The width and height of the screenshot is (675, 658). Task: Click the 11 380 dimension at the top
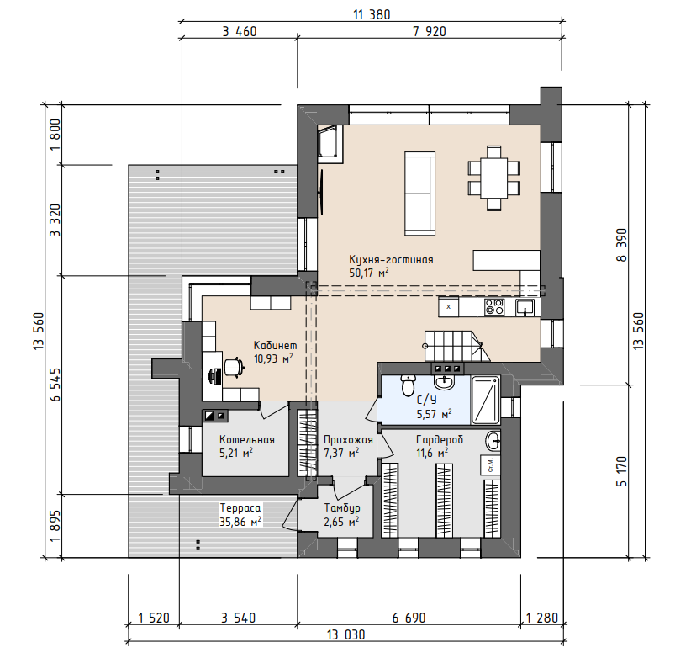tap(372, 14)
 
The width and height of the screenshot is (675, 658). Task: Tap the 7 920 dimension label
tap(430, 31)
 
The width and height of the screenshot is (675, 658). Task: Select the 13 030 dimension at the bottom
tap(345, 634)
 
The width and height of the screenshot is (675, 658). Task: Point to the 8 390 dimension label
tap(621, 245)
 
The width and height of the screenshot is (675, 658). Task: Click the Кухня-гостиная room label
tap(391, 260)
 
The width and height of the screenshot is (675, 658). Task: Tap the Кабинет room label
tap(275, 346)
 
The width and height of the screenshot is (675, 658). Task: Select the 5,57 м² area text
tap(434, 414)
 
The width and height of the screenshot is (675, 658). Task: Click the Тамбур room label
tap(342, 508)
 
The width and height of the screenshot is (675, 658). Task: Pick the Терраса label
tap(240, 507)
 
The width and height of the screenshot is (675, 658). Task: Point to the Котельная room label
tap(246, 440)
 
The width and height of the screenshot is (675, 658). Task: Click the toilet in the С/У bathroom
tap(408, 385)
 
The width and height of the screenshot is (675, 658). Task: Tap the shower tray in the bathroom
tap(486, 400)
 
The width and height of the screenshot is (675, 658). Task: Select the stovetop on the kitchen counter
tap(494, 307)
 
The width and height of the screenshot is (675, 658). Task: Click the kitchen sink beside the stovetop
tap(525, 307)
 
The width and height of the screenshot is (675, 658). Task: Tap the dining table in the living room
tap(493, 178)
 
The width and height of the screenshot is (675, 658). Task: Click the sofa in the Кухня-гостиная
tap(419, 194)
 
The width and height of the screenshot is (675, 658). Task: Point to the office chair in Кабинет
tap(234, 367)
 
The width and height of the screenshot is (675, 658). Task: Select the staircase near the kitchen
tap(456, 346)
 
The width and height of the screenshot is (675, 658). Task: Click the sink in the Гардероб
tap(493, 441)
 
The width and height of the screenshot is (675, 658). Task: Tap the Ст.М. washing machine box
tap(491, 464)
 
